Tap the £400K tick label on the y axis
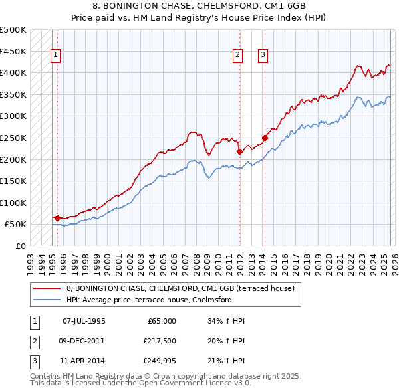(13, 72)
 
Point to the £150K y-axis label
(13, 181)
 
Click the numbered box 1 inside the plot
(57, 56)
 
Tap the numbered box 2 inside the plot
(237, 56)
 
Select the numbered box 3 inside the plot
(263, 56)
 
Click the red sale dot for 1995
(57, 218)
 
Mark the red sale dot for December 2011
(239, 151)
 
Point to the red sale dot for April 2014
(265, 138)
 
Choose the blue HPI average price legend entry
(148, 300)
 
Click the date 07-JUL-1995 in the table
(84, 321)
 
